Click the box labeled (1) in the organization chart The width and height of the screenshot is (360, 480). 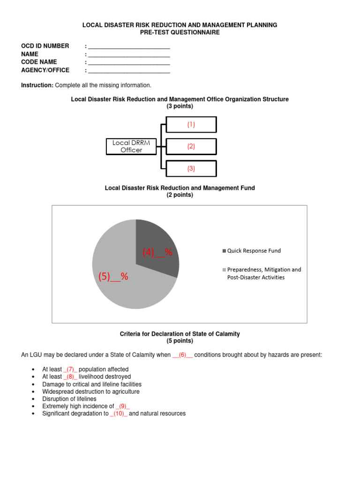click(x=191, y=125)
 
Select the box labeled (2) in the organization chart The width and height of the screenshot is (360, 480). click(x=191, y=146)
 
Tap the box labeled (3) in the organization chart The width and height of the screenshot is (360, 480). click(x=191, y=168)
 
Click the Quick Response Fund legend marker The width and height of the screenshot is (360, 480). click(x=224, y=251)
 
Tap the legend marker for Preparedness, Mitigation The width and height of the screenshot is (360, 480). click(x=224, y=270)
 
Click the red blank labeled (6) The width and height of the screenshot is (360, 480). click(x=182, y=355)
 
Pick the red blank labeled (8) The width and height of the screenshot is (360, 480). click(x=70, y=377)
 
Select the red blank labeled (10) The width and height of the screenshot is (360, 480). click(x=119, y=414)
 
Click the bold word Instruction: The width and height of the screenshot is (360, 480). click(x=37, y=85)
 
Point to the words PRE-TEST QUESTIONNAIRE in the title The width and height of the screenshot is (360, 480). click(x=180, y=33)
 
